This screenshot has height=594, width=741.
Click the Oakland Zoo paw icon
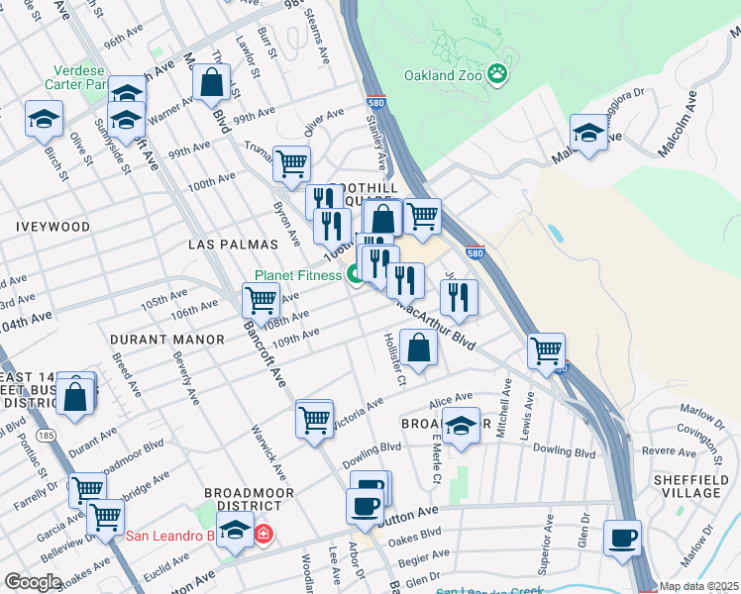tap(497, 73)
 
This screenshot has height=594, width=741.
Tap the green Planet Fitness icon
tap(355, 276)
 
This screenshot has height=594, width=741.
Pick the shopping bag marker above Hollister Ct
tap(419, 347)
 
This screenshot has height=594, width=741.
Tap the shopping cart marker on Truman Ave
tap(291, 163)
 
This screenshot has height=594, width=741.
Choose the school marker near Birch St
tap(44, 120)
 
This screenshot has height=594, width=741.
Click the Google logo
tap(33, 582)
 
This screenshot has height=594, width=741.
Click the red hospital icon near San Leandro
tap(264, 536)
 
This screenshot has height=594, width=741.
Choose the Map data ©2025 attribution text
tap(698, 586)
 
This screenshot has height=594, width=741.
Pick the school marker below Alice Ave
tap(461, 426)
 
